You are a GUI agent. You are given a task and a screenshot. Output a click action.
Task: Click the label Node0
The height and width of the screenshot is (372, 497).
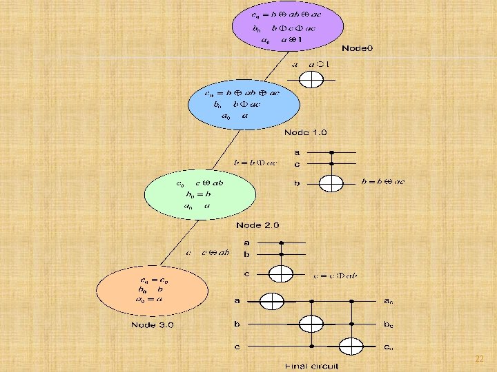coord(357,48)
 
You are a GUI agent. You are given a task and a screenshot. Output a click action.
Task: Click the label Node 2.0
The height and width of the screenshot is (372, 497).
coord(258,225)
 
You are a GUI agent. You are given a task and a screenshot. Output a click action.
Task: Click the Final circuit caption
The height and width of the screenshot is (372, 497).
coord(312,366)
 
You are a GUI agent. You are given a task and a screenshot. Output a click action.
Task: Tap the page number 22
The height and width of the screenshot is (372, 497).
coord(479,359)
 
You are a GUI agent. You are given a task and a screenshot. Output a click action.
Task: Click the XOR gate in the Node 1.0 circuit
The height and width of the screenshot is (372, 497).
coord(333,183)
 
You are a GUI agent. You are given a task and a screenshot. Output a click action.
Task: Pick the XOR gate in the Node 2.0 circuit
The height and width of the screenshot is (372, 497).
coord(281,273)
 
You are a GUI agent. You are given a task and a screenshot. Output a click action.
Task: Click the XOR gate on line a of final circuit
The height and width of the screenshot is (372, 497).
coord(271,301)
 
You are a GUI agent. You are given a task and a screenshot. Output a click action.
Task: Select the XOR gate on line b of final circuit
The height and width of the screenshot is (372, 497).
coord(311,323)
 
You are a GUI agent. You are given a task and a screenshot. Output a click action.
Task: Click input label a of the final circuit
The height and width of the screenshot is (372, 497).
coord(237,301)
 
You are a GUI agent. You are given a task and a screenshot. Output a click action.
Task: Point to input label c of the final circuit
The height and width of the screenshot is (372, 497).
coord(237,346)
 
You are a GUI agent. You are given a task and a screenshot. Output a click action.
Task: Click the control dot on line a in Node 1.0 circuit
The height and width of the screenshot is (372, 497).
coord(332,152)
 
